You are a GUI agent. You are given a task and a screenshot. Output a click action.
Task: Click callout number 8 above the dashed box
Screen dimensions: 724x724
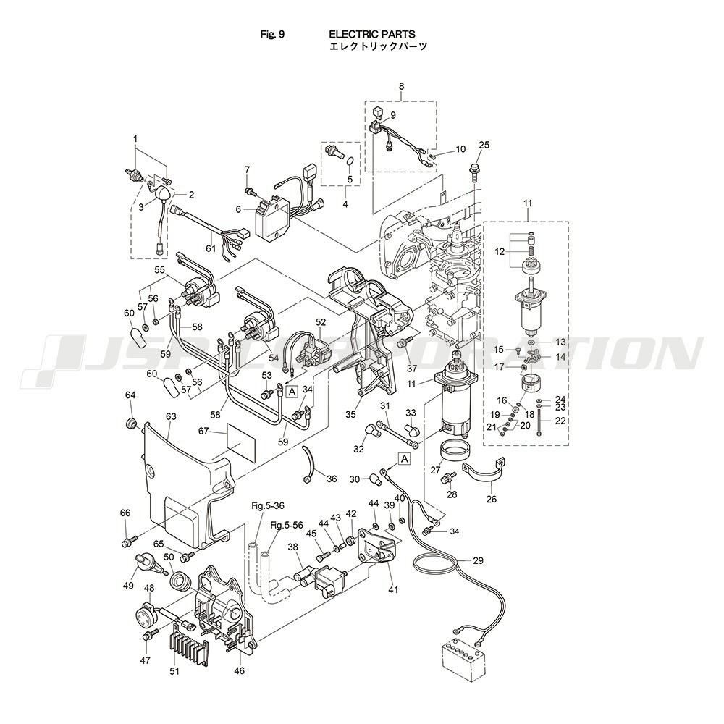tap(401, 87)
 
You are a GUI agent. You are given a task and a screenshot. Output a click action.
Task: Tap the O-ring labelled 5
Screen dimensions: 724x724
tap(349, 162)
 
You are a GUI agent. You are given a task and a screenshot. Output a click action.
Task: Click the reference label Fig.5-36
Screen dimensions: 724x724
tap(266, 505)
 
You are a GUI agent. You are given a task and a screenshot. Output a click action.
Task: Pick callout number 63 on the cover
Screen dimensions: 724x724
tap(171, 416)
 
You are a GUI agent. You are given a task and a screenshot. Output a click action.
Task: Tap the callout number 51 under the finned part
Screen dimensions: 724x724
tap(174, 671)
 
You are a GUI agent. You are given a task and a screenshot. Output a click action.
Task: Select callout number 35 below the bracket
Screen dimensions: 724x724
tap(351, 415)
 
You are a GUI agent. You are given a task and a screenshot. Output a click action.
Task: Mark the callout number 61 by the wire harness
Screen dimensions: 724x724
tap(211, 248)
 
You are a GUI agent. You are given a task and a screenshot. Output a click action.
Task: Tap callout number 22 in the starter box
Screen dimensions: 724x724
tap(560, 420)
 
